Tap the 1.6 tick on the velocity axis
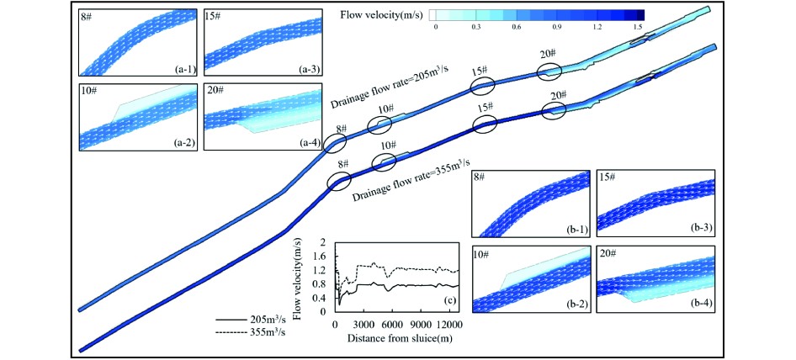tap(321, 256)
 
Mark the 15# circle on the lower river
tap(486, 124)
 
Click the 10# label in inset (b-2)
tap(481, 253)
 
